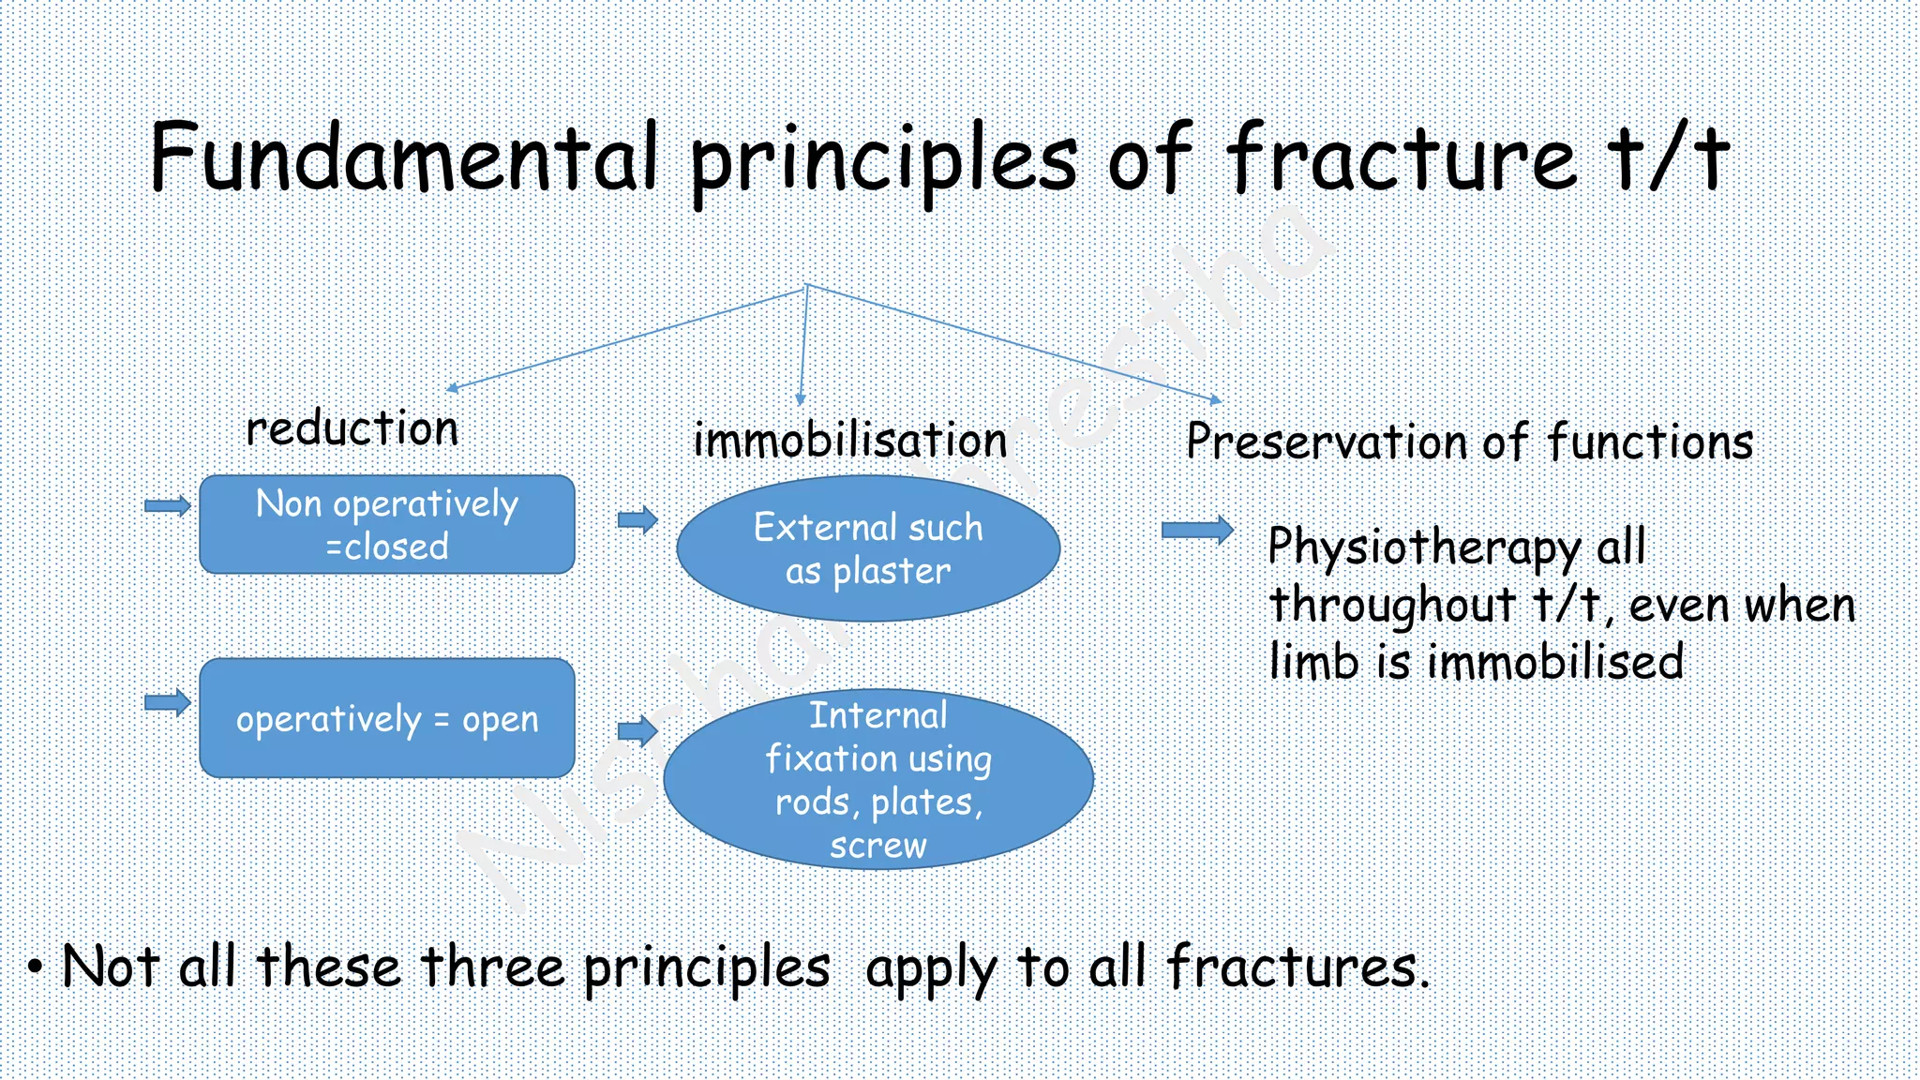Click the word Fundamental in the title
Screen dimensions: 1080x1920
(x=403, y=157)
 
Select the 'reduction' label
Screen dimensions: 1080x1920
(x=352, y=429)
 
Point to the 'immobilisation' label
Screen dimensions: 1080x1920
(x=849, y=441)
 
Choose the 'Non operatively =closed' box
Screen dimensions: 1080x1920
(x=386, y=525)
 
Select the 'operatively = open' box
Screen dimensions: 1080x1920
(x=386, y=718)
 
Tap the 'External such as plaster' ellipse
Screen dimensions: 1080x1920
(x=868, y=548)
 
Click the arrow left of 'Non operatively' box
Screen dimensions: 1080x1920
(x=168, y=506)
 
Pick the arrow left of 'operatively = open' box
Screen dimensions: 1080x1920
(x=168, y=702)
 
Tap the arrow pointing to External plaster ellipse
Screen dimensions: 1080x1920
(x=637, y=519)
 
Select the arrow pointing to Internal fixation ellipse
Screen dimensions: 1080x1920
(x=637, y=730)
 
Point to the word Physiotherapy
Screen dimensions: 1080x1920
(x=1423, y=547)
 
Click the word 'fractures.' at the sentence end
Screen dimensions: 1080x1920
(x=1297, y=967)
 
